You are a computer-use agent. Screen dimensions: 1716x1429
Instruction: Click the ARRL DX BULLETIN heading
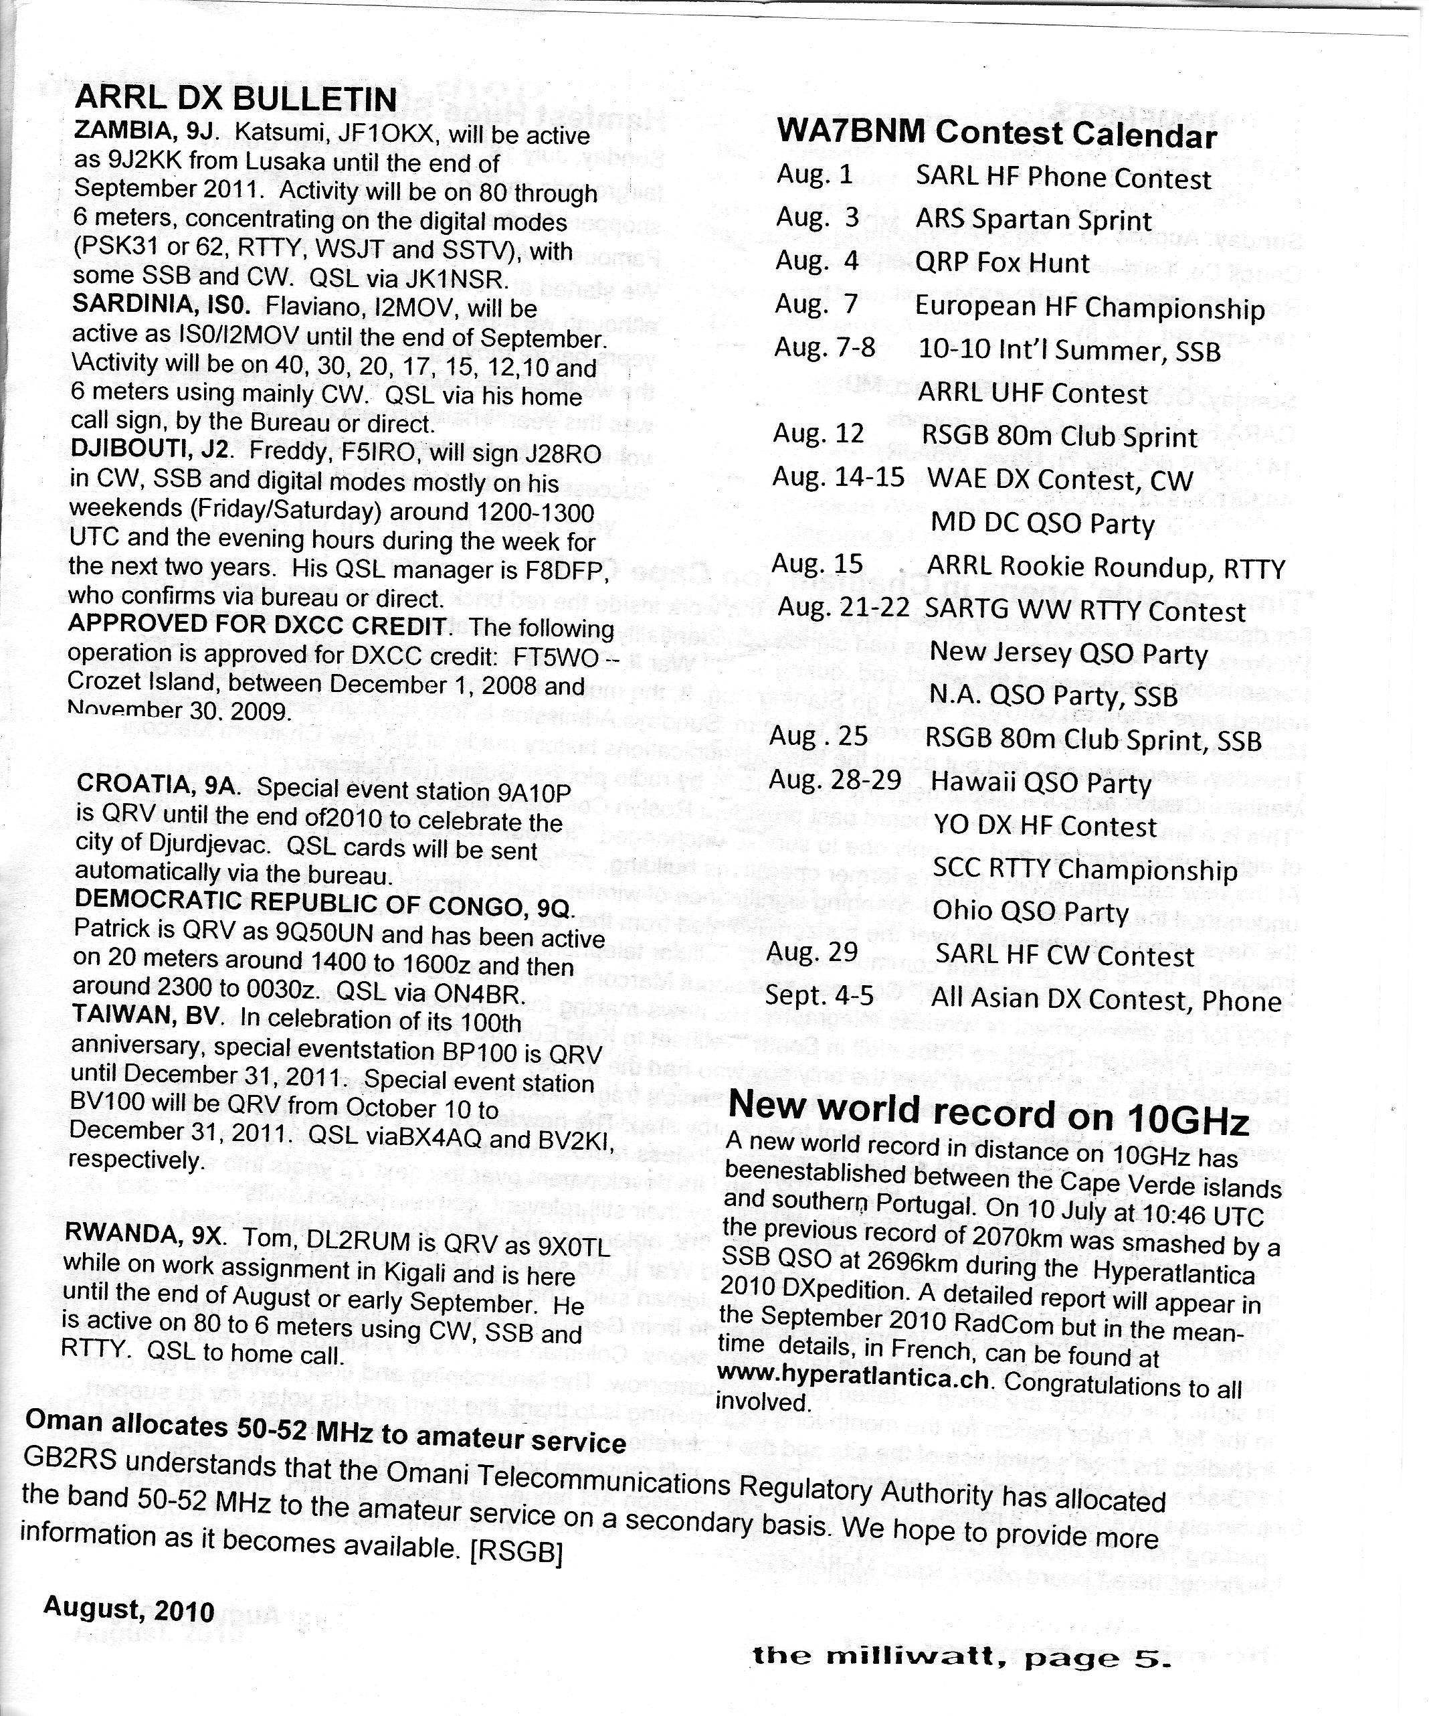pos(235,99)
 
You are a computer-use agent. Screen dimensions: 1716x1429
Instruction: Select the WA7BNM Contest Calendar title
pos(996,134)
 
